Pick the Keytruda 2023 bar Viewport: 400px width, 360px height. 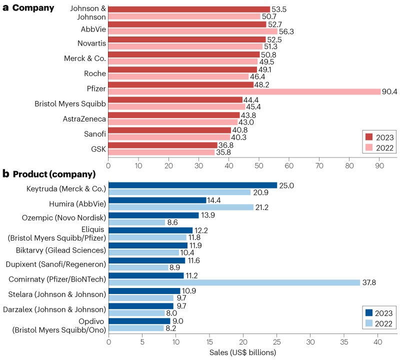click(192, 185)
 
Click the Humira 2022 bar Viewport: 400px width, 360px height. click(181, 207)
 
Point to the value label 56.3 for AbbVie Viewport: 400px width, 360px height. click(286, 31)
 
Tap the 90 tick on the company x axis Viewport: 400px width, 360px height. click(379, 163)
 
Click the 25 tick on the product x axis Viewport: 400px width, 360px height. click(276, 342)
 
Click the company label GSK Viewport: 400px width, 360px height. click(98, 148)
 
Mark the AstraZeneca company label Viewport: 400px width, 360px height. click(84, 118)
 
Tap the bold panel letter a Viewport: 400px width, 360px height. click(5, 7)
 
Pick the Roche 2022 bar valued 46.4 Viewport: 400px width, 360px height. click(178, 77)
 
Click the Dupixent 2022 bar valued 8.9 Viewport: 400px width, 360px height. click(138, 267)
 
